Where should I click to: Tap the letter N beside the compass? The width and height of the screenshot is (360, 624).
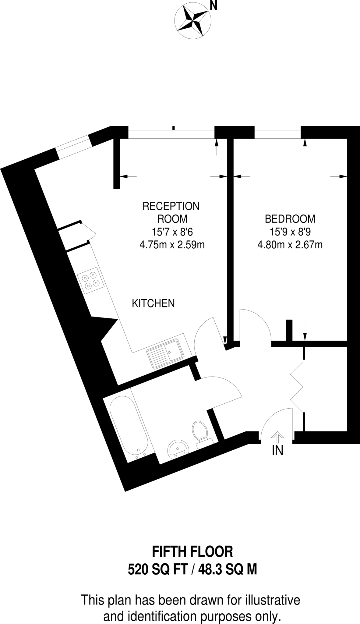pyautogui.click(x=214, y=6)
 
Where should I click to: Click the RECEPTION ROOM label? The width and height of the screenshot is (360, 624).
pyautogui.click(x=171, y=212)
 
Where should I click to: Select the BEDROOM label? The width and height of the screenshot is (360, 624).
pyautogui.click(x=290, y=219)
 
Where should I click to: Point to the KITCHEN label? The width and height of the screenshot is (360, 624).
pyautogui.click(x=153, y=303)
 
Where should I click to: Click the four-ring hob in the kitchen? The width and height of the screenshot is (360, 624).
pyautogui.click(x=91, y=280)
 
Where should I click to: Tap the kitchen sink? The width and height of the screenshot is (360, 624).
pyautogui.click(x=166, y=354)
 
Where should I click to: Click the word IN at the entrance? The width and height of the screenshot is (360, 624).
pyautogui.click(x=277, y=451)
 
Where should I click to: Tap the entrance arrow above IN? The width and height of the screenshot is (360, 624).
pyautogui.click(x=277, y=436)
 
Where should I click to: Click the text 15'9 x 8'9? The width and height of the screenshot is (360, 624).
pyautogui.click(x=290, y=232)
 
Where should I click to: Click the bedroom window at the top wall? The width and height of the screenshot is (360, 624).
pyautogui.click(x=277, y=132)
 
